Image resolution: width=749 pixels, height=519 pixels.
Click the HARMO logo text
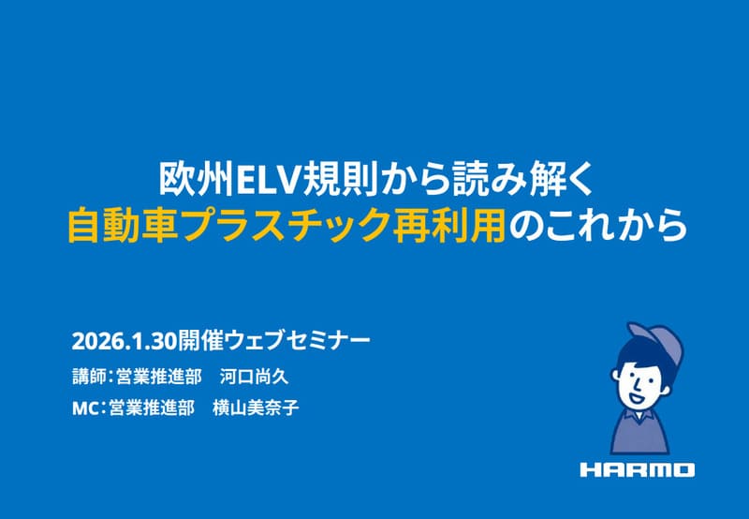click(x=637, y=469)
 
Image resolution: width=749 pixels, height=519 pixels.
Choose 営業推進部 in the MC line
click(x=152, y=408)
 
